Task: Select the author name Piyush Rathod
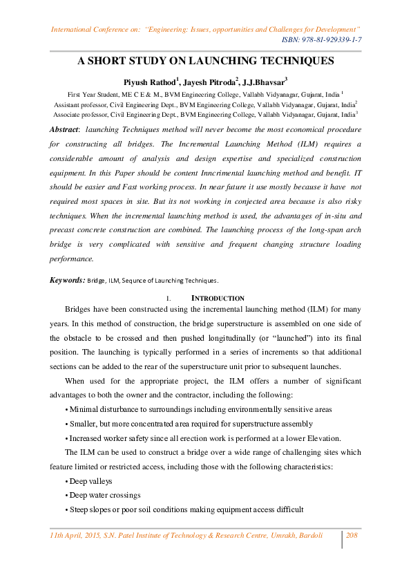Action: pos(148,81)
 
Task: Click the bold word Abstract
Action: pos(64,129)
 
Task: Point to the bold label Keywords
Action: pos(67,281)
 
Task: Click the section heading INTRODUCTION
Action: pos(218,298)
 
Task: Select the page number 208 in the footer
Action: pos(351,535)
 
